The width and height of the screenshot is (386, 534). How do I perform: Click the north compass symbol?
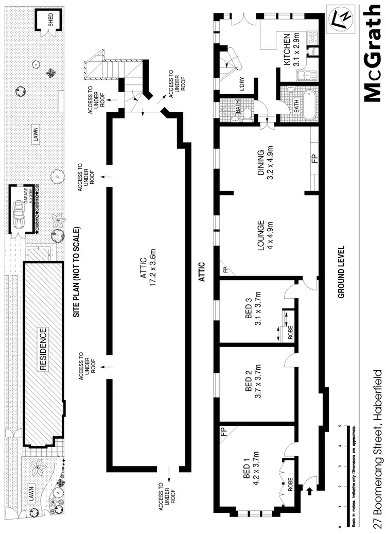(x=342, y=17)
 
